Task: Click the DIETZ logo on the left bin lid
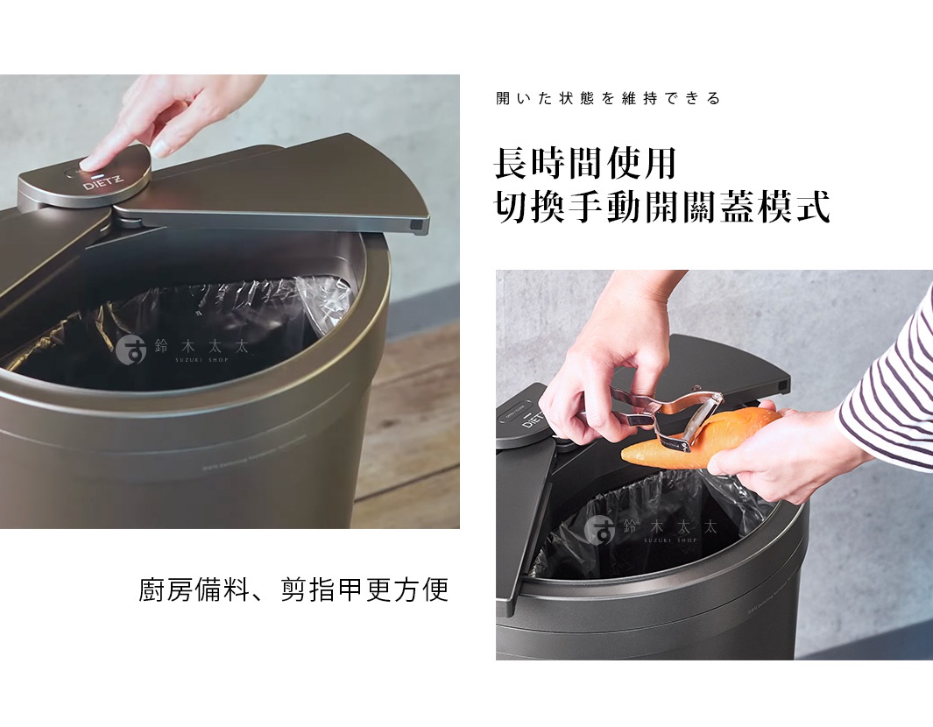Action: click(103, 184)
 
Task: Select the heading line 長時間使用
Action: click(584, 164)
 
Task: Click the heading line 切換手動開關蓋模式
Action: click(661, 208)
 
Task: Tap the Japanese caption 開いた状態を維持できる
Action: click(607, 99)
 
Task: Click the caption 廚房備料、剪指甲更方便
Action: click(293, 589)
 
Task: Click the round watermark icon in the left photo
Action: click(131, 349)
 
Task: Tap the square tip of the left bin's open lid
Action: click(420, 226)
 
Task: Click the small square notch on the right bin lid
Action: click(779, 385)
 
